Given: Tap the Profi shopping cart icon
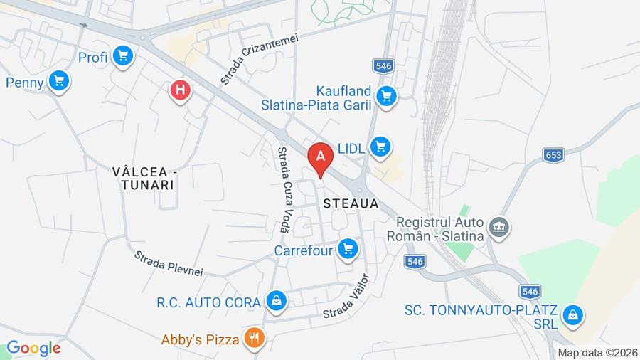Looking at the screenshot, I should [124, 56].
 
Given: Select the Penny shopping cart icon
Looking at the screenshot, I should [59, 81].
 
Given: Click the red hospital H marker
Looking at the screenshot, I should [181, 90].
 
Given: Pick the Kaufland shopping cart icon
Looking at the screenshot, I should [386, 96].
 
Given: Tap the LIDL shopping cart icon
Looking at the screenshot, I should [380, 147].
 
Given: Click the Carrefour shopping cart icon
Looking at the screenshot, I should [347, 248].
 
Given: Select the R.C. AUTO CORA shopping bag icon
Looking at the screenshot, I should [275, 301].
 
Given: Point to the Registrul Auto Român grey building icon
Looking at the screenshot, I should [500, 228].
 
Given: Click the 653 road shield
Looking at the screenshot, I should [553, 154].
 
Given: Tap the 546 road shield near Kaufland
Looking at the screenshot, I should [383, 66].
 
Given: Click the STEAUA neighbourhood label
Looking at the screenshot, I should [349, 203].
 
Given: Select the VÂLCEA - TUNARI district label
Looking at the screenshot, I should [143, 178].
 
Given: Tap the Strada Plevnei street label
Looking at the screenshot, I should [169, 263].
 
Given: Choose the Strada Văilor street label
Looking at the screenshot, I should [348, 297].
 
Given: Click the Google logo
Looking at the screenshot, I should [33, 348].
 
